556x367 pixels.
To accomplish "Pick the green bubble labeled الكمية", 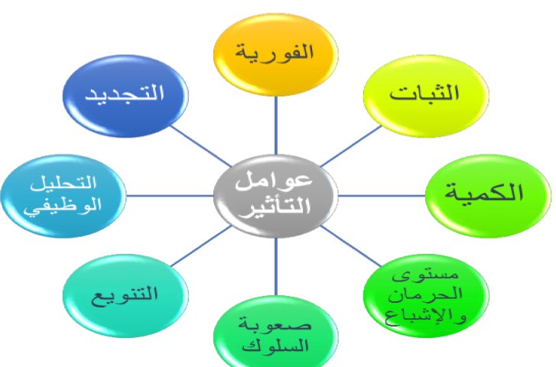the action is [487, 191].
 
